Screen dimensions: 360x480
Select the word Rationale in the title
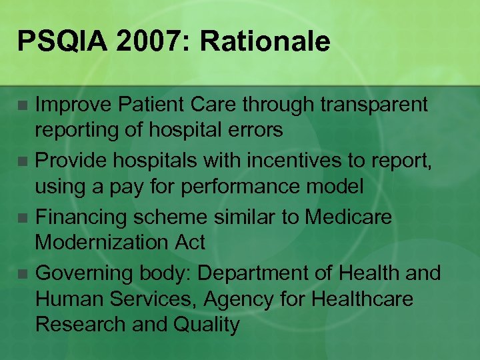coord(265,42)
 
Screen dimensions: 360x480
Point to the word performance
coord(271,187)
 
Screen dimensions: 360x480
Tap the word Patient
coord(145,104)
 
